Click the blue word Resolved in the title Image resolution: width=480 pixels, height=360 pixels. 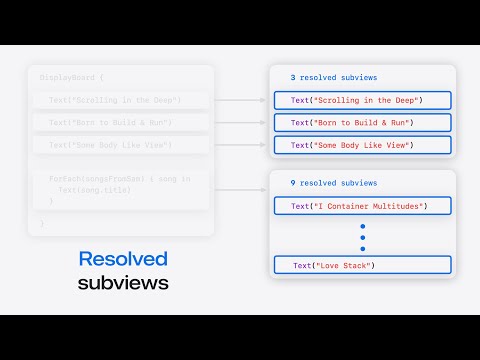pyautogui.click(x=123, y=258)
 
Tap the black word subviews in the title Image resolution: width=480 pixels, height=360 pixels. pyautogui.click(x=123, y=283)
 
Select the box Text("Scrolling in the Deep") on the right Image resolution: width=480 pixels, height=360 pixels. pyautogui.click(x=362, y=100)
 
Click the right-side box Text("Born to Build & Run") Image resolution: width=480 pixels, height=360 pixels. pyautogui.click(x=362, y=122)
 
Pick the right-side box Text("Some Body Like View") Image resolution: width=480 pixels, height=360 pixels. pyautogui.click(x=362, y=144)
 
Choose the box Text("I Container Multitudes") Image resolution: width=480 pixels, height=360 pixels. pyautogui.click(x=362, y=206)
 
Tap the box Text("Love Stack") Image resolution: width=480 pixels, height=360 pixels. pyautogui.click(x=362, y=265)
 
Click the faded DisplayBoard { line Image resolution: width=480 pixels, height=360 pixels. pyautogui.click(x=71, y=77)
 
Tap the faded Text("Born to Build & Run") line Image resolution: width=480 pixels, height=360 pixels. pyautogui.click(x=110, y=122)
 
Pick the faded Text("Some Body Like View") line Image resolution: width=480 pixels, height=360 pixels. pyautogui.click(x=110, y=145)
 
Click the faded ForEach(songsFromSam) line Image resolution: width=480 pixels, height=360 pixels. pyautogui.click(x=119, y=179)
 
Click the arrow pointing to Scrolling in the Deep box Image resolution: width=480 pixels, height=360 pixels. pyautogui.click(x=241, y=100)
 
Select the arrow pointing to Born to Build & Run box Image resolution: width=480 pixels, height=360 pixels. pyautogui.click(x=241, y=122)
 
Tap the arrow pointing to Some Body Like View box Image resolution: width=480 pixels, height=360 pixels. pyautogui.click(x=241, y=144)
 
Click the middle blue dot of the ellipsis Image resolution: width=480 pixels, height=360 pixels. pyautogui.click(x=362, y=236)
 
